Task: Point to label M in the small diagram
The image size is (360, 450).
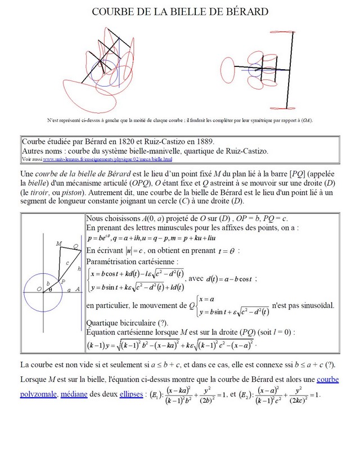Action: pyautogui.click(x=58, y=244)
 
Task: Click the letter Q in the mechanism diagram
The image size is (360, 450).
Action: pyautogui.click(x=76, y=246)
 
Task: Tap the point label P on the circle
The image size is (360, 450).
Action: pyautogui.click(x=63, y=280)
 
